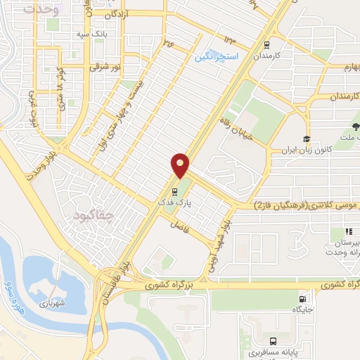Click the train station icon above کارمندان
266,42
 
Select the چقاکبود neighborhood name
92,215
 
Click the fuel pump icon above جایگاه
303,297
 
